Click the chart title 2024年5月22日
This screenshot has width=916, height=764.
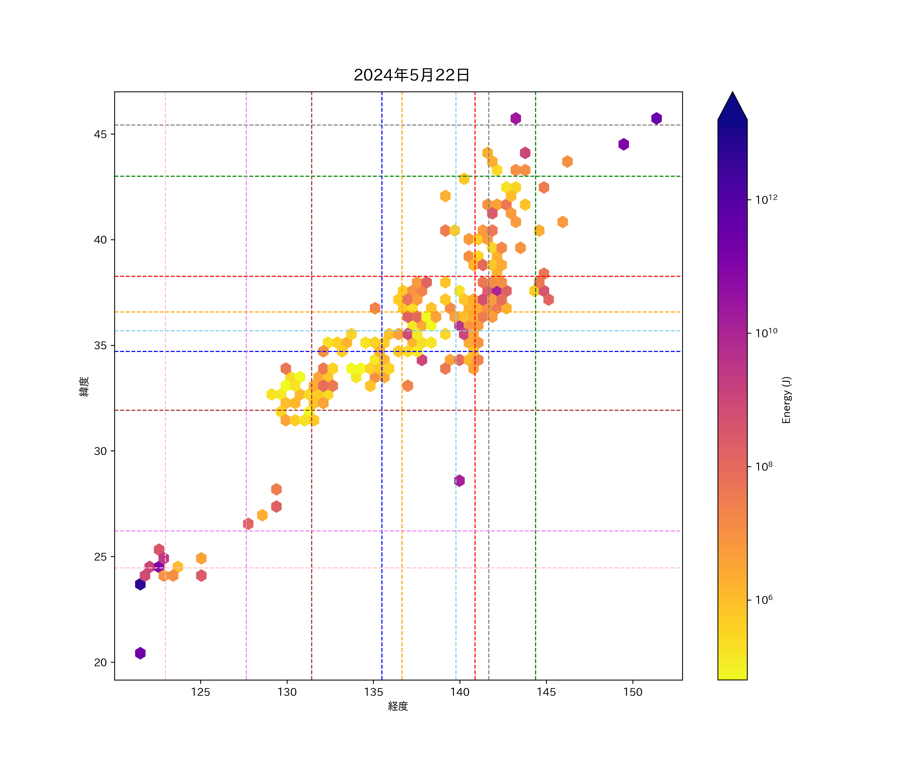411,75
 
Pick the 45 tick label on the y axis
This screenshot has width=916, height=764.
100,134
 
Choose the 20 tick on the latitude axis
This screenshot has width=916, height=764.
100,662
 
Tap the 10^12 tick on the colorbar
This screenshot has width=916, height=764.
766,199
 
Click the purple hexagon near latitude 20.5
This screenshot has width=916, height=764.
140,653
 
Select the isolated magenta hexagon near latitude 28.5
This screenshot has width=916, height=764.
459,481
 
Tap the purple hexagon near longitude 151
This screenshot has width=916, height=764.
656,118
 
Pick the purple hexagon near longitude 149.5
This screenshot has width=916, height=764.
624,144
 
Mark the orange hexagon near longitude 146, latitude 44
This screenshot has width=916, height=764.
567,161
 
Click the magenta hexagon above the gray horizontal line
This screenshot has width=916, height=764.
516,118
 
